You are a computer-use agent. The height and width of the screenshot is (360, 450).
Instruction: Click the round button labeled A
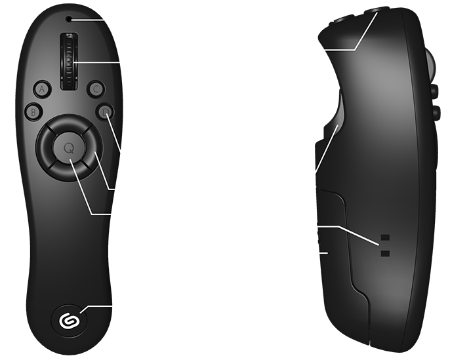pos(42,88)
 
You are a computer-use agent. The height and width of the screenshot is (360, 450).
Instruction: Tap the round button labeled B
pos(32,111)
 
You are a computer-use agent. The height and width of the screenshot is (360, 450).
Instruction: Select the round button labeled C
pos(96,88)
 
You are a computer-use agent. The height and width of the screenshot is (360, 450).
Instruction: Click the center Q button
pos(68,148)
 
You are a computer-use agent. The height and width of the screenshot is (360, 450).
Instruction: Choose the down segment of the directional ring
pos(68,172)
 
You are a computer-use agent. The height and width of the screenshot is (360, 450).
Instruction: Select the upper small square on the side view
pos(385,237)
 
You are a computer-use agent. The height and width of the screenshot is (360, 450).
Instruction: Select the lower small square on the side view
pos(385,252)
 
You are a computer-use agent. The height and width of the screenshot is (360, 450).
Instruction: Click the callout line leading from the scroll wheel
pos(98,62)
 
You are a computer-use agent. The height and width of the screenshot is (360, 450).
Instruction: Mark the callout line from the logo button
pos(98,307)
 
